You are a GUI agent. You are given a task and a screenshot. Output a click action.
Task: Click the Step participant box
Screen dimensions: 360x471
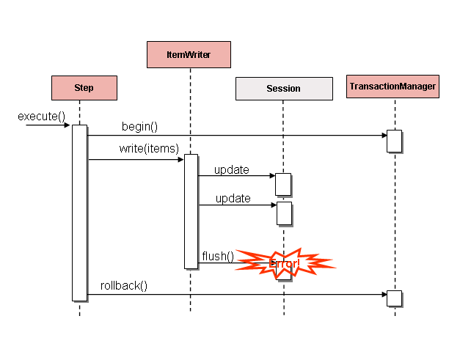[84, 88]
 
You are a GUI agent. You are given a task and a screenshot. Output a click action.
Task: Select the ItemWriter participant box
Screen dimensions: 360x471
[189, 54]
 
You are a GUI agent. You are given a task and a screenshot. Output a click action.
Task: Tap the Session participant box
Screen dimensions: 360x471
[283, 89]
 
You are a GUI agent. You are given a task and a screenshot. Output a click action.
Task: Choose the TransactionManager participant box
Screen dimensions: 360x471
[393, 87]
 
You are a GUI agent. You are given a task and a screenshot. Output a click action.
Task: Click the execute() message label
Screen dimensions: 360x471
[41, 116]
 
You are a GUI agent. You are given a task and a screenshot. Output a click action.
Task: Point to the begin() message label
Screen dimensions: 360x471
[139, 126]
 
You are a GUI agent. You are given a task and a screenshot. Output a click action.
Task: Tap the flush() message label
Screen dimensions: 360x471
[218, 256]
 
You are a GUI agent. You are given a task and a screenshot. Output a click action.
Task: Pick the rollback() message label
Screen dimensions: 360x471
[124, 285]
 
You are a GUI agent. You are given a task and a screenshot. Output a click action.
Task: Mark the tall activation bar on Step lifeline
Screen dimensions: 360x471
[79, 213]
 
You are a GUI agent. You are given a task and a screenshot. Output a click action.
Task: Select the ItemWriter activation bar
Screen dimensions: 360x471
[191, 211]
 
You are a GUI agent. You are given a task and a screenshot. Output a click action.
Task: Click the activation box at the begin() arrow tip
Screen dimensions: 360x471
[394, 140]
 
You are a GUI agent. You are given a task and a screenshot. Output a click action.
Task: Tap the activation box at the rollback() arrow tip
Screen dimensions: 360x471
[394, 298]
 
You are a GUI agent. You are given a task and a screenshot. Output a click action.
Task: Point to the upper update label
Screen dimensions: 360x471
[233, 170]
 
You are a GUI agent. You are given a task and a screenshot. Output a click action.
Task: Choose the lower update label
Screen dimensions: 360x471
[233, 199]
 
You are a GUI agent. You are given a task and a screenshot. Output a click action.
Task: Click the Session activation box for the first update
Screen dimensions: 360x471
[283, 184]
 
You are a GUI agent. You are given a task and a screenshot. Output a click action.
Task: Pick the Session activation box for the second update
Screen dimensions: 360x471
[284, 213]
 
